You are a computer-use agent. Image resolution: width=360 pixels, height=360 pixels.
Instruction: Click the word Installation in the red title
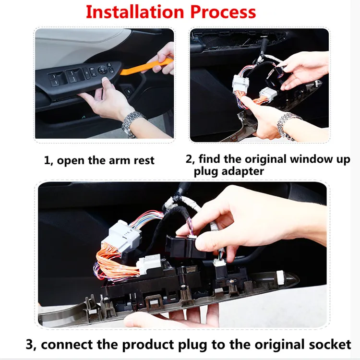coord(135,12)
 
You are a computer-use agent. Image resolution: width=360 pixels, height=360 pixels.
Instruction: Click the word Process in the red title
coord(223,12)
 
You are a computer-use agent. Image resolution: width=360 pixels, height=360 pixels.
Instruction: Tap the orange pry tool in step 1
coord(147,67)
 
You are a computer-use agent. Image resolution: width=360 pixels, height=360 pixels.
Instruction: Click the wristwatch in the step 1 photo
coord(132,123)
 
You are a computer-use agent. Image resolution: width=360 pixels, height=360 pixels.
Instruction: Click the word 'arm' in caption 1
coord(119,160)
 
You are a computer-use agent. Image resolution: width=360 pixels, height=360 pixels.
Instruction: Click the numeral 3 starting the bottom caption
coord(29,345)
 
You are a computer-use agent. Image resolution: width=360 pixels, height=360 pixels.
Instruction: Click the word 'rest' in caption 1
coord(144,160)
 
